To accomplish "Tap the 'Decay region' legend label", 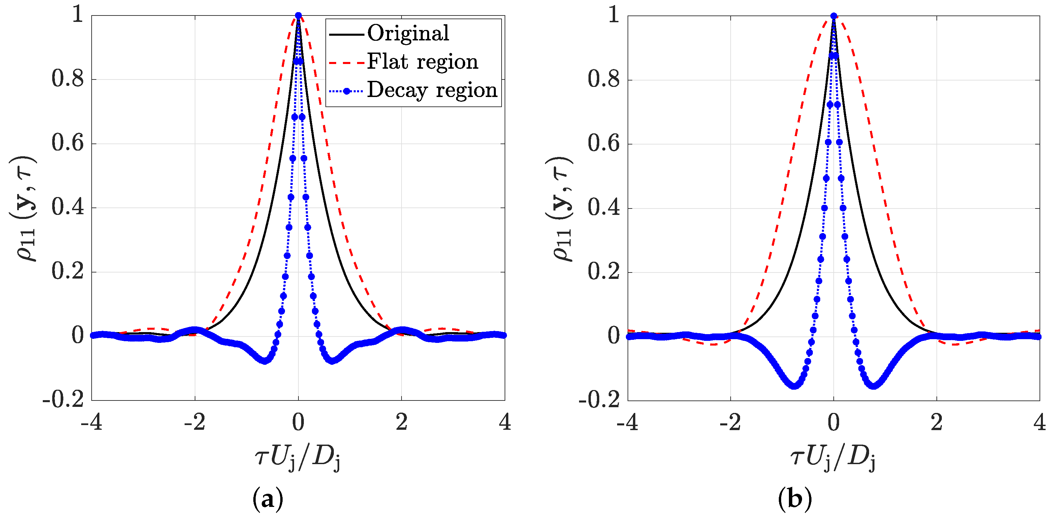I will [x=432, y=90].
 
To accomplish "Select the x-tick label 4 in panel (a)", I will [x=505, y=422].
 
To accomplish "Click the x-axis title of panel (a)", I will [x=297, y=458].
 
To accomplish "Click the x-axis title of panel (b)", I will [x=833, y=458].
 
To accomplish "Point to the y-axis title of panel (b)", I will [x=560, y=208].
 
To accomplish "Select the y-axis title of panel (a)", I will [x=23, y=208].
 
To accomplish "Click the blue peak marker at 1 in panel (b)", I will [x=833, y=17].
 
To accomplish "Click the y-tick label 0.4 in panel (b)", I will [x=603, y=208].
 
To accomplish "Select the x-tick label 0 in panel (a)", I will [x=298, y=422].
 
